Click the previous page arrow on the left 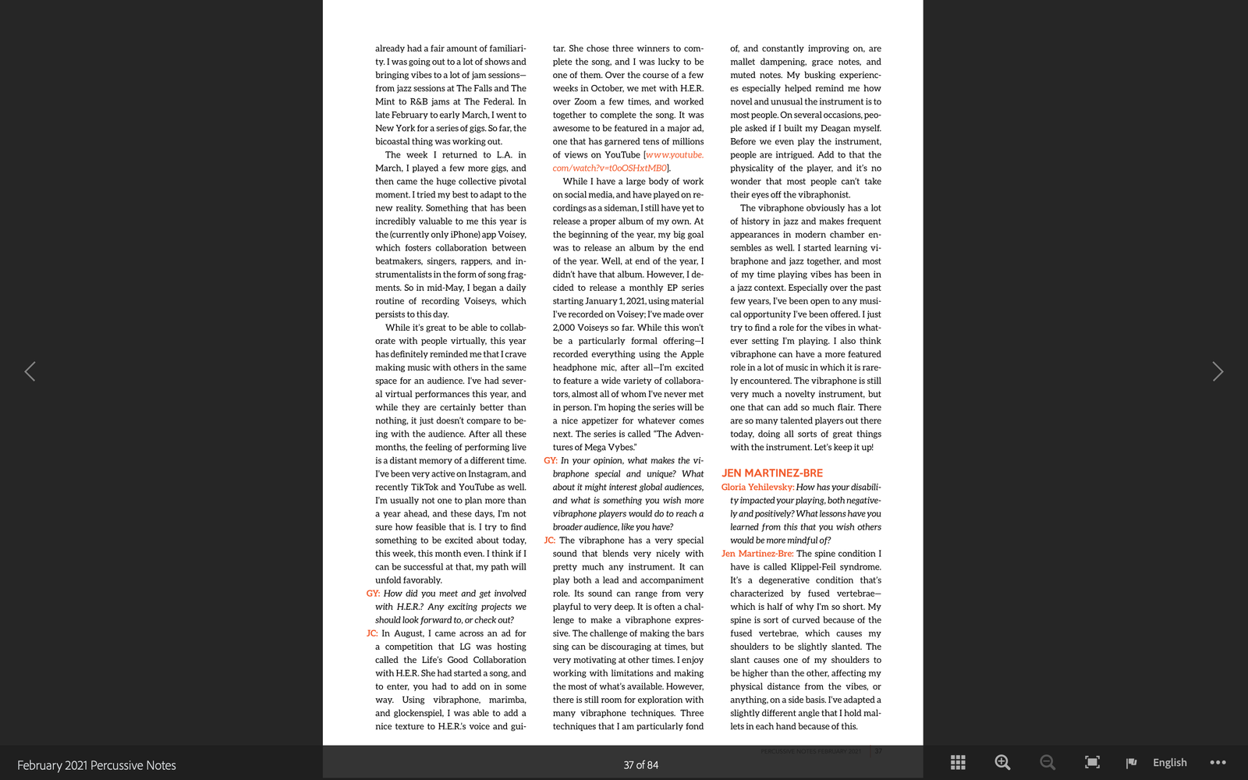point(30,371)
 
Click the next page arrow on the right point(1217,371)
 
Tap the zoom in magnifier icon point(1002,762)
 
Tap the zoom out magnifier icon point(1047,762)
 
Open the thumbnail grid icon point(958,762)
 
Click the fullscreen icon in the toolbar point(1092,762)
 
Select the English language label point(1169,762)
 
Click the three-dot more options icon point(1218,762)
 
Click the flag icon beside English point(1131,762)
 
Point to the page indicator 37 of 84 point(640,765)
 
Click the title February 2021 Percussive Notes point(97,765)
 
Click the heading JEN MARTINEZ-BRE point(771,473)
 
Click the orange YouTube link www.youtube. point(675,154)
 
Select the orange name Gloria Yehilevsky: point(757,487)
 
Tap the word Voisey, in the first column point(512,235)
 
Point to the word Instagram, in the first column point(480,473)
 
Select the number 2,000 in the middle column point(564,328)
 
